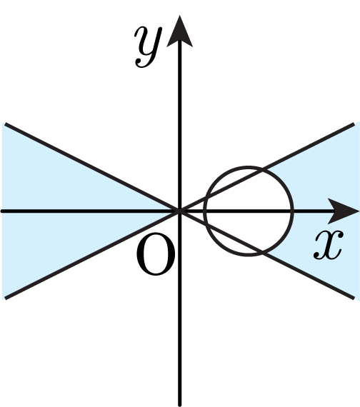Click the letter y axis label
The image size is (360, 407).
click(148, 47)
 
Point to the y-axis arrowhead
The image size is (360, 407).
click(179, 31)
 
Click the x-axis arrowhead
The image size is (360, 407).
click(344, 211)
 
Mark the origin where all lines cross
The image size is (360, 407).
click(179, 211)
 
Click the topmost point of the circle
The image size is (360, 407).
click(249, 167)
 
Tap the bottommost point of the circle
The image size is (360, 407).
click(249, 256)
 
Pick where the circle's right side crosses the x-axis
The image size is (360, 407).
click(293, 211)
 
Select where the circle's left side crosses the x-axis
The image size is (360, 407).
click(205, 211)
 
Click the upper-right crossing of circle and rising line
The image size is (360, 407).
click(262, 170)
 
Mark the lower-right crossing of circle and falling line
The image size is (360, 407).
click(262, 252)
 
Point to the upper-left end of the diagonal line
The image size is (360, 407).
click(5, 124)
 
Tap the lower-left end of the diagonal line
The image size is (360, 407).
click(5, 298)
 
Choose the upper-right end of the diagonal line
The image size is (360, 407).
click(354, 124)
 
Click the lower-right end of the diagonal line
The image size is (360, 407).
click(354, 298)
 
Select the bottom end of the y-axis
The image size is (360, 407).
click(179, 405)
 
